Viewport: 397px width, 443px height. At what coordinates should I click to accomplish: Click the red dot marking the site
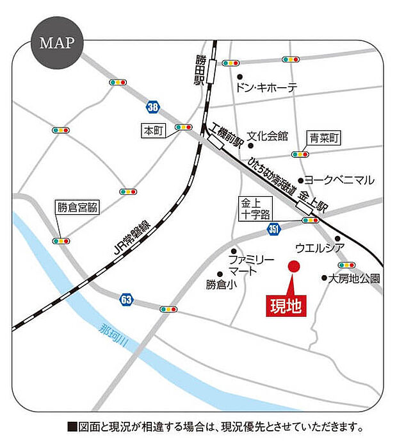[x=293, y=265]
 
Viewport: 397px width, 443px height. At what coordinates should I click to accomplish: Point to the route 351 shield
[x=273, y=229]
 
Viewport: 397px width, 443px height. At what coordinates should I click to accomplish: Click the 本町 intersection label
[x=154, y=131]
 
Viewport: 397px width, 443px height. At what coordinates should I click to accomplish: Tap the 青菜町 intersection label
[x=324, y=137]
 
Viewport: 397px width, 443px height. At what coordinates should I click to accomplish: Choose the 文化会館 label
[x=268, y=137]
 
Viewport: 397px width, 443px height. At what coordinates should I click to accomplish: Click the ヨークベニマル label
[x=339, y=181]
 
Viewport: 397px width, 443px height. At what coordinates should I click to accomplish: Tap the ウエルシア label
[x=320, y=247]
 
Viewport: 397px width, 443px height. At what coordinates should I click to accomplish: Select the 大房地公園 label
[x=354, y=278]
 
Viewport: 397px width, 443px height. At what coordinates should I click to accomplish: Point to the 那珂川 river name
[x=115, y=337]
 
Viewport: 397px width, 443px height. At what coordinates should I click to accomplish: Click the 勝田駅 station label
[x=201, y=70]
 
